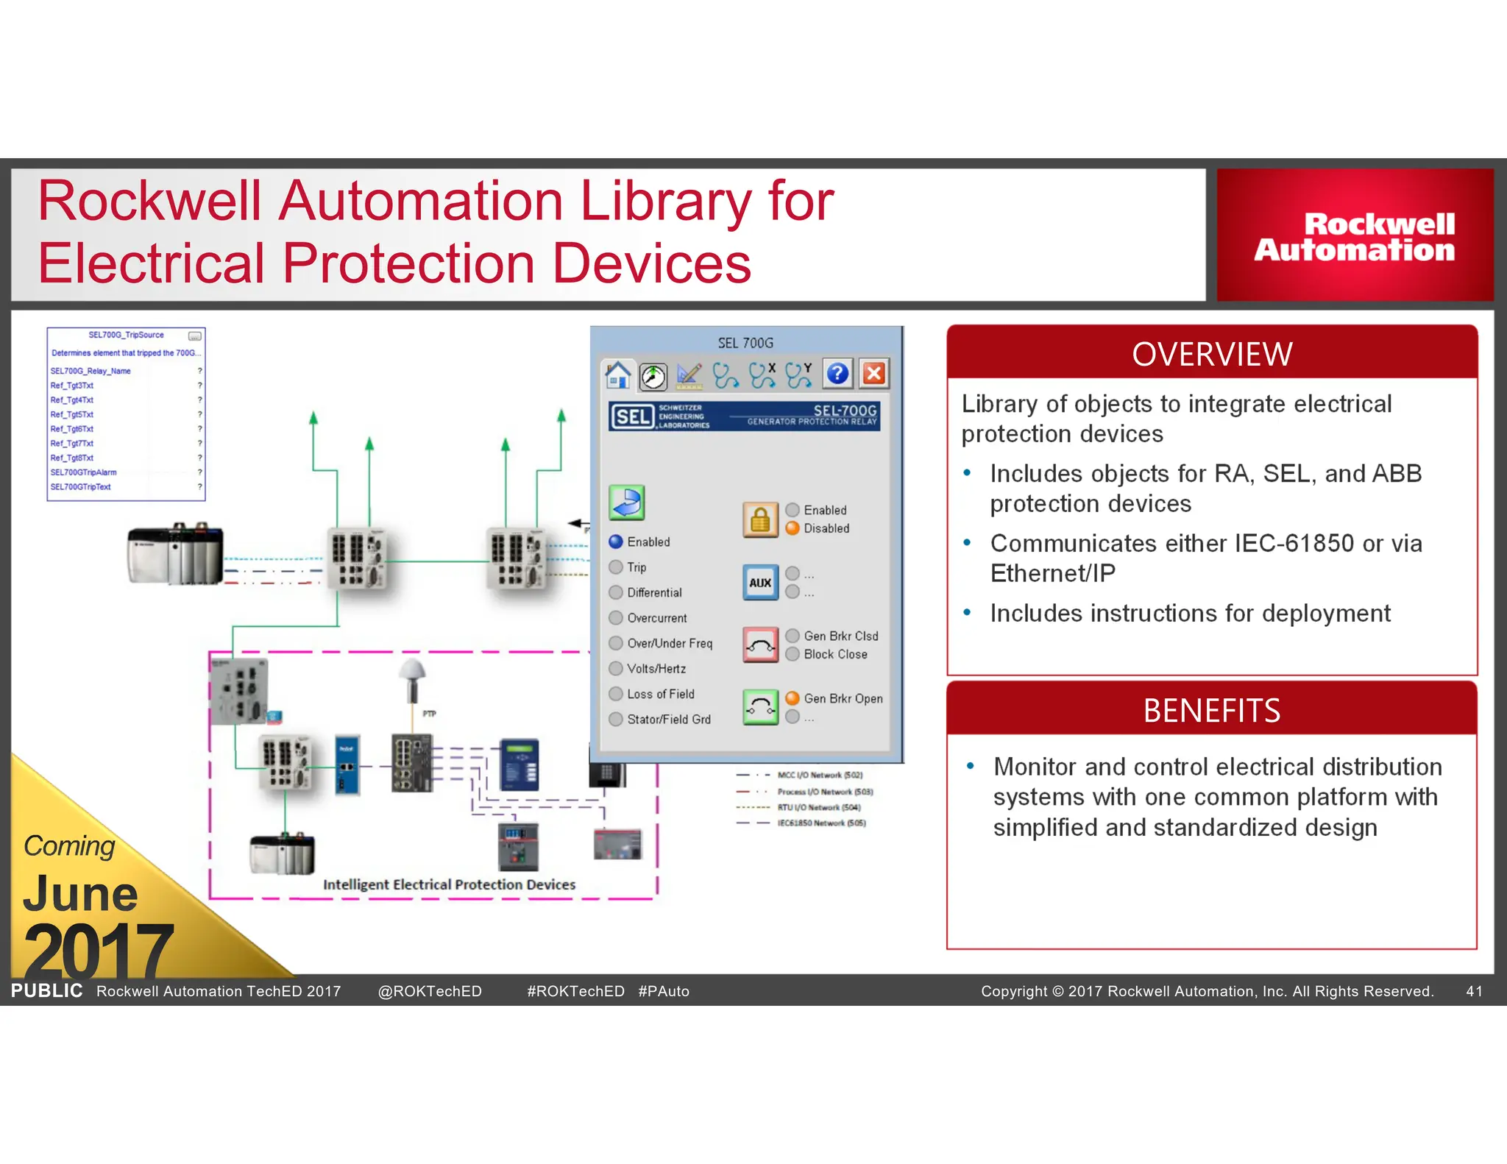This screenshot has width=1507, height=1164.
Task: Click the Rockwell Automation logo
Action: coord(1355,237)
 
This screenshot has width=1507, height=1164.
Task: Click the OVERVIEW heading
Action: coord(1212,354)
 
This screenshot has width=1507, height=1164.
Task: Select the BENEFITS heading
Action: coord(1212,711)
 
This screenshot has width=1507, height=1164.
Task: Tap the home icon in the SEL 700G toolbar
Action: coord(617,375)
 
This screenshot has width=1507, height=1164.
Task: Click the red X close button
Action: coord(874,374)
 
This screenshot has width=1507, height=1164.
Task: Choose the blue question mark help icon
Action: coord(837,374)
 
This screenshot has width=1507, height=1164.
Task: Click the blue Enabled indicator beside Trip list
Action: coord(616,542)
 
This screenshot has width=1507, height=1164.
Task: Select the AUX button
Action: coord(760,583)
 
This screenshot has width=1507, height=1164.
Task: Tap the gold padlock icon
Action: coord(760,519)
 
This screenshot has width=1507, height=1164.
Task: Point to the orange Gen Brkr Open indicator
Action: coord(792,698)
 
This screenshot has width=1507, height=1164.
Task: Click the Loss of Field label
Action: coord(660,694)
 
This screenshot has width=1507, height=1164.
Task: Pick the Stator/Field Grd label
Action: coord(668,720)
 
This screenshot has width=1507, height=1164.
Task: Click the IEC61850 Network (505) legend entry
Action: coord(821,823)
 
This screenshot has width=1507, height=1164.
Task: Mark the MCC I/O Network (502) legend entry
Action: coord(820,775)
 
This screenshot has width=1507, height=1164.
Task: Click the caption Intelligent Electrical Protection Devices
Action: coord(449,884)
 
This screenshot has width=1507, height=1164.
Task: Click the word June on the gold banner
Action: coord(80,893)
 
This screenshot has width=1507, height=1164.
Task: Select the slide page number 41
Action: coord(1474,991)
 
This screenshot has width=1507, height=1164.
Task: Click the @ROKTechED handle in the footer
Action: coord(430,991)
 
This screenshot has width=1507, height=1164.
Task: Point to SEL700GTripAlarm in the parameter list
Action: coord(83,472)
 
